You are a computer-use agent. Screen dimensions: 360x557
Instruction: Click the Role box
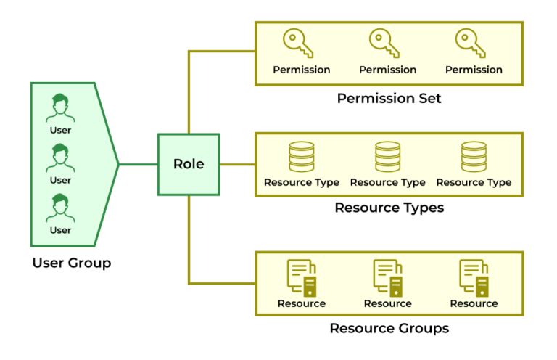(189, 164)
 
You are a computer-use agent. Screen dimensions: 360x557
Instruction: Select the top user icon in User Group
(60, 108)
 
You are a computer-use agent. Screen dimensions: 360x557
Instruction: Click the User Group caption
(72, 263)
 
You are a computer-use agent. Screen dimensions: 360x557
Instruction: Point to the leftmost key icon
(298, 44)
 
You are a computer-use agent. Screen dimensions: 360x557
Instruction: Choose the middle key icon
(384, 44)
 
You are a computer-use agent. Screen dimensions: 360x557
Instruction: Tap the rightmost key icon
(471, 44)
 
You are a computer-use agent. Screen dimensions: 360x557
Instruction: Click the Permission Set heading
(389, 98)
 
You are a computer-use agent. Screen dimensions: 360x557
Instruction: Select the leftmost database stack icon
(302, 156)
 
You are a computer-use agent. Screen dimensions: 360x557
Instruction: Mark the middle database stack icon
(388, 156)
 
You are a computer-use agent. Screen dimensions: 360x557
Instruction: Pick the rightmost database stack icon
(474, 156)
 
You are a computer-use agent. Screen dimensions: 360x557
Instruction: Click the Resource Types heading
(389, 208)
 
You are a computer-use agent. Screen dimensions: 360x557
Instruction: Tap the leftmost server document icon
(302, 277)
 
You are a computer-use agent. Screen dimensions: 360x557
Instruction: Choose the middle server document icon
(388, 277)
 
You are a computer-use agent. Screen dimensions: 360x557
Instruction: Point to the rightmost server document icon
(474, 277)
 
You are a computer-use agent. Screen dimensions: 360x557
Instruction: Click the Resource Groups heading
(389, 328)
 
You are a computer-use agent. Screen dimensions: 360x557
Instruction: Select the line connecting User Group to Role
(138, 164)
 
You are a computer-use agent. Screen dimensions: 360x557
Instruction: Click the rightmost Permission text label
(474, 70)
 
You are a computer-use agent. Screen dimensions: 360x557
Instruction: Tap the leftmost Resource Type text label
(302, 182)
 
